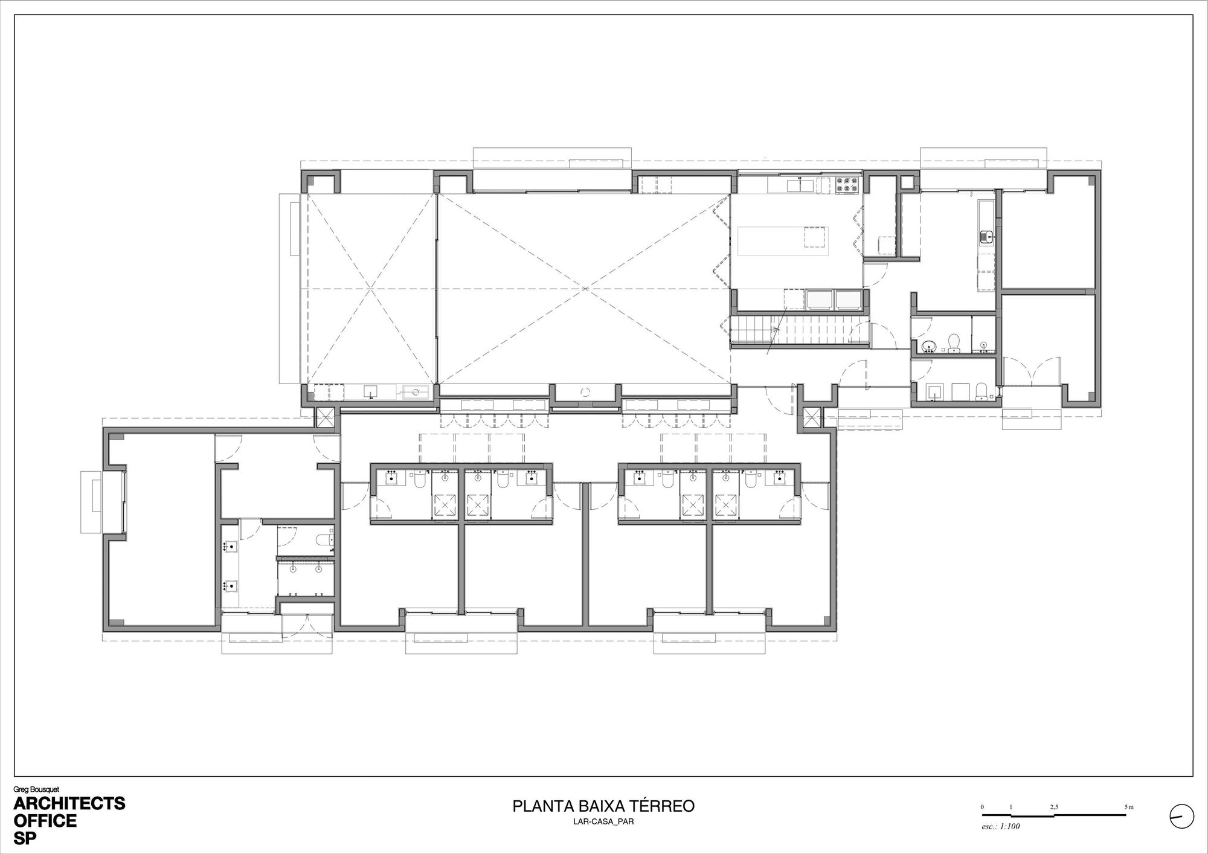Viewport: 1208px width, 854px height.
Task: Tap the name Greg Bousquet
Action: coord(36,789)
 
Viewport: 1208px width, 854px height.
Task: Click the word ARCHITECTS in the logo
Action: coord(69,803)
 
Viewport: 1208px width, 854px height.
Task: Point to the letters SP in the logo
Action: coord(25,839)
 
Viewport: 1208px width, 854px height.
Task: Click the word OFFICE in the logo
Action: coord(45,821)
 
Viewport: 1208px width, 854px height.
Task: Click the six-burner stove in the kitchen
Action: coord(847,185)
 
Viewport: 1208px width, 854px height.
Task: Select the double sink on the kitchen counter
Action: coord(798,185)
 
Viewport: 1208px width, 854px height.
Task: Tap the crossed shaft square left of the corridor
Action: coord(326,417)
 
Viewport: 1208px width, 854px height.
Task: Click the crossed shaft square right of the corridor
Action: coord(812,417)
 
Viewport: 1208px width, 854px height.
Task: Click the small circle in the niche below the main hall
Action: coord(584,392)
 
